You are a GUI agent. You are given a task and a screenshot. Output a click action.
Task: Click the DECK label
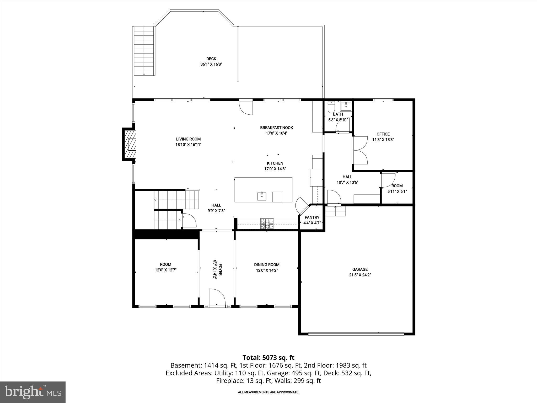211,59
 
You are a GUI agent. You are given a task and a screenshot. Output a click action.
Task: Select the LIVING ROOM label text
188,139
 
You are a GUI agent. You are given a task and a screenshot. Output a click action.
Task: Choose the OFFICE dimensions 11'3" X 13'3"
383,140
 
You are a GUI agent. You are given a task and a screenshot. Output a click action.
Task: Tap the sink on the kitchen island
262,196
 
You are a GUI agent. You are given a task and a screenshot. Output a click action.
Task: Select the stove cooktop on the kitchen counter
267,224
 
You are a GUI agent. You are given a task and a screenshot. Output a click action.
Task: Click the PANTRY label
312,217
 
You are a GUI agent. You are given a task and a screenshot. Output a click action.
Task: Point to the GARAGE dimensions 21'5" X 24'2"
360,275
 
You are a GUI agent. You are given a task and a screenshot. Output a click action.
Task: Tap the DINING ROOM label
267,265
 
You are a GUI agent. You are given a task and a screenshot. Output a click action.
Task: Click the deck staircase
144,51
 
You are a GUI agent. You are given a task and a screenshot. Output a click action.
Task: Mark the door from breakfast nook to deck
246,107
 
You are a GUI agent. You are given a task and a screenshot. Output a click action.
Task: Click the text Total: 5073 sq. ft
268,358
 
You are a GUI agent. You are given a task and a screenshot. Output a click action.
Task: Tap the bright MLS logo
33,392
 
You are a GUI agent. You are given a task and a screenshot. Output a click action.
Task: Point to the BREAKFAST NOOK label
276,128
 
